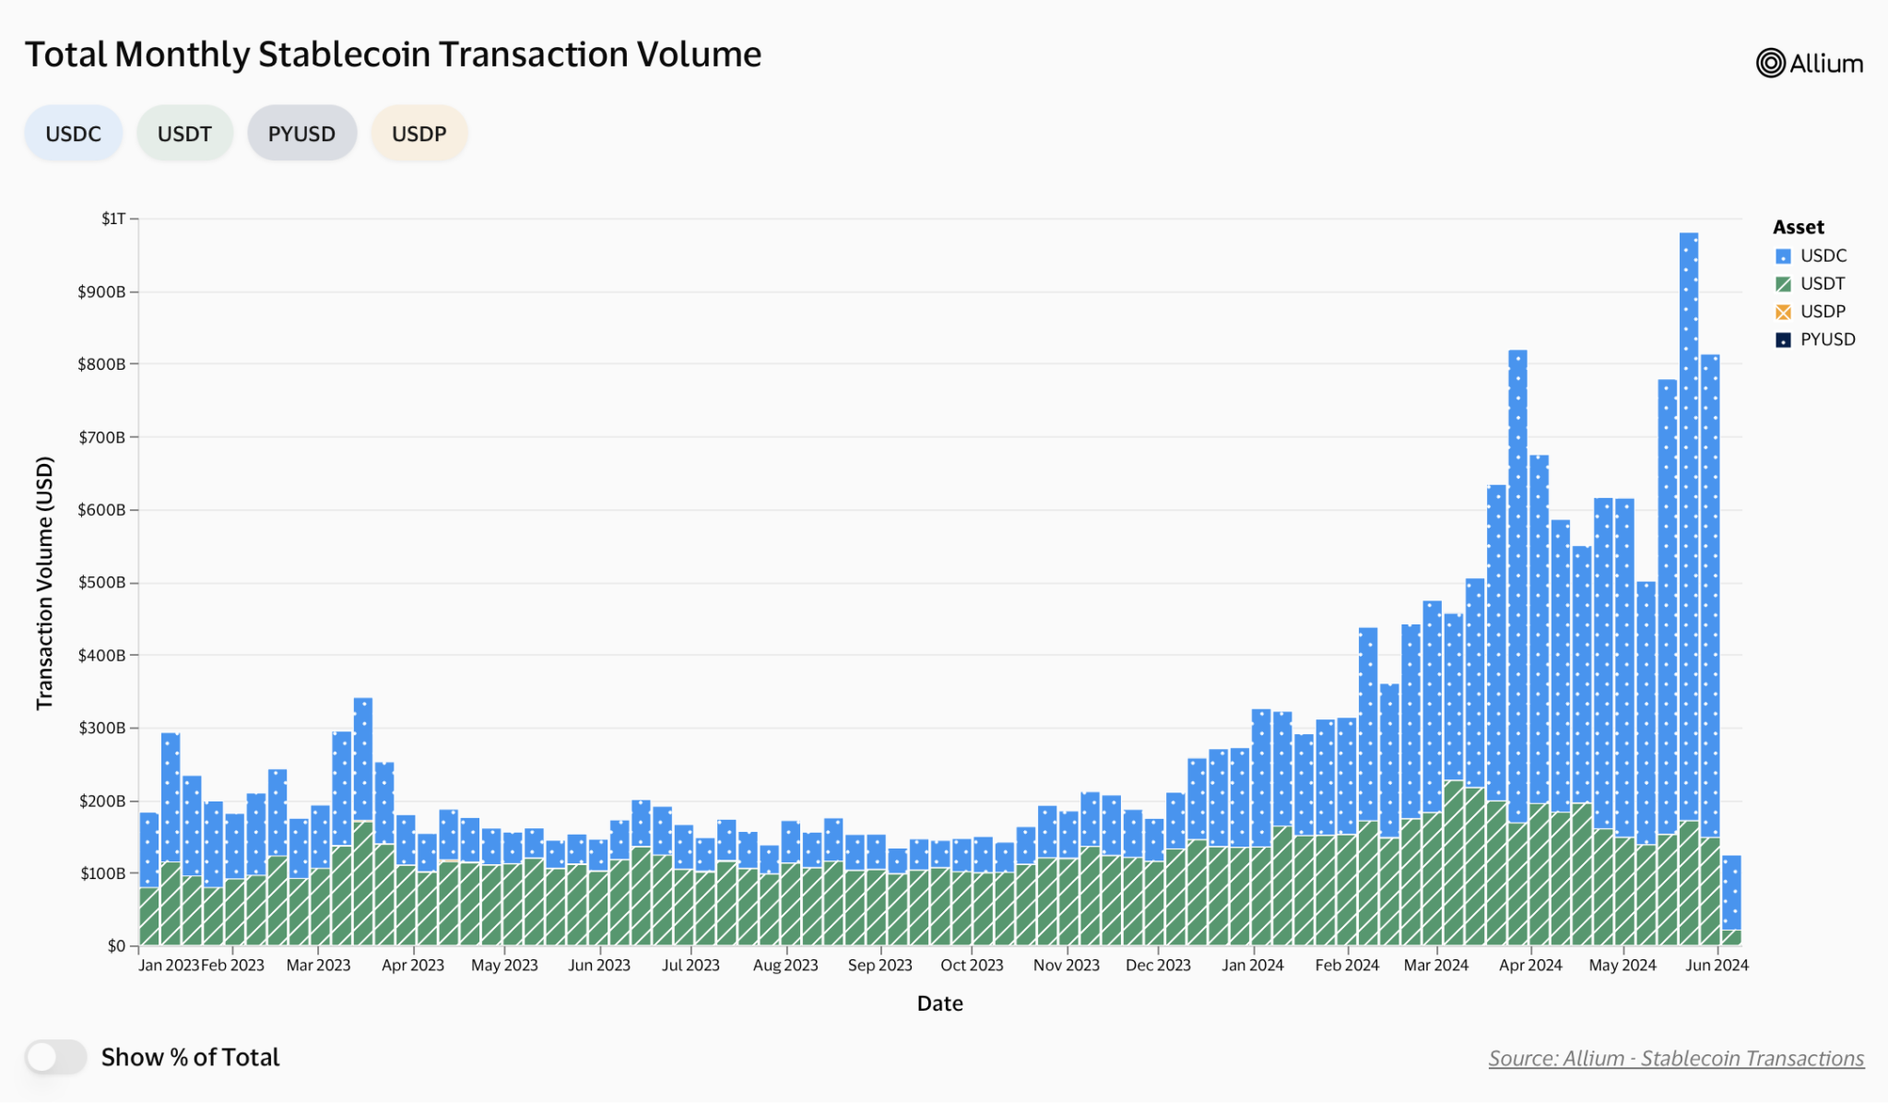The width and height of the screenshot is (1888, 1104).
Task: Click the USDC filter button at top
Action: click(73, 134)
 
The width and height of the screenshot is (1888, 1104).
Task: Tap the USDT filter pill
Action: click(184, 134)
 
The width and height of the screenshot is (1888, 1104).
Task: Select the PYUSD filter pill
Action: click(301, 134)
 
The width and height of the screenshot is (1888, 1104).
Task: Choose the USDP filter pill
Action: click(419, 134)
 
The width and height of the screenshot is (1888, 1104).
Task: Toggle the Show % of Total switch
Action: click(55, 1057)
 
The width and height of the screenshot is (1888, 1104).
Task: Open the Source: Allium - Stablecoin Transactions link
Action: click(1675, 1058)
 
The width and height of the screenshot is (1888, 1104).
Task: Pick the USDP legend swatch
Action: click(1783, 312)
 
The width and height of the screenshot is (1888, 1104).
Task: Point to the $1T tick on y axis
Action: click(113, 219)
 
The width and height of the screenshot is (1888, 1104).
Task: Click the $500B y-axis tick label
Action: click(101, 583)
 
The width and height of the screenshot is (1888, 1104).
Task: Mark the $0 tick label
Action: click(116, 946)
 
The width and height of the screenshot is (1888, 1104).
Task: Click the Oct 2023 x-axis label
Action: click(972, 966)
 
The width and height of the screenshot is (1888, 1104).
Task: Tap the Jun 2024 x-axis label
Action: click(1717, 966)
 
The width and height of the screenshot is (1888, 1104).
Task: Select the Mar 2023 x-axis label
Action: click(318, 966)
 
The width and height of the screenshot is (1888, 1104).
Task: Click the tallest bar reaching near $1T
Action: click(1689, 553)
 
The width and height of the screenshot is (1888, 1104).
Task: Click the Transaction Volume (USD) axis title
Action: click(44, 583)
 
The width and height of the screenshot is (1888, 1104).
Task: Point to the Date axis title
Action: click(939, 1003)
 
